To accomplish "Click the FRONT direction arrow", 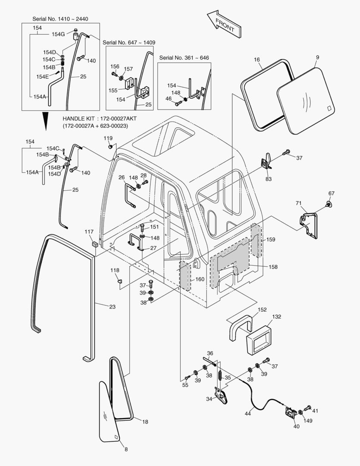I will pyautogui.click(x=223, y=25).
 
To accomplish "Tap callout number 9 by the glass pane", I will pyautogui.click(x=317, y=57).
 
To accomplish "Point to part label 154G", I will pyautogui.click(x=58, y=34).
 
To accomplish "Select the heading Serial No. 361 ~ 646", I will pyautogui.click(x=184, y=58).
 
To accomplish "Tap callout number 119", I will pyautogui.click(x=108, y=138).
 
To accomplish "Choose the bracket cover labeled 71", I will pyautogui.click(x=309, y=225).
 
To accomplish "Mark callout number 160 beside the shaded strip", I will pyautogui.click(x=200, y=279).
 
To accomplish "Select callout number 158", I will pyautogui.click(x=273, y=267).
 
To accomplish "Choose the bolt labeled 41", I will pyautogui.click(x=307, y=408).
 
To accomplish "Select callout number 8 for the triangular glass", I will pyautogui.click(x=126, y=449).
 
